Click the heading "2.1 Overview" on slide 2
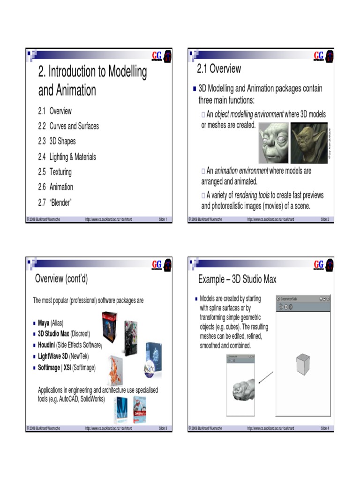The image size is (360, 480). pyautogui.click(x=219, y=69)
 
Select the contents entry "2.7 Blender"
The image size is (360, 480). pyautogui.click(x=55, y=202)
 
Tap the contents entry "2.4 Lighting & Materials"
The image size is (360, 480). pyautogui.click(x=67, y=157)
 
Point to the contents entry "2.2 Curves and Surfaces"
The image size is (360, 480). pyautogui.click(x=68, y=126)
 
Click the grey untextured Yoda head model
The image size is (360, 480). pyautogui.click(x=273, y=142)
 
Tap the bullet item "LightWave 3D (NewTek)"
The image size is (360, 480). pyautogui.click(x=63, y=357)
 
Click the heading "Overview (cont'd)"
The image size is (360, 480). pyautogui.click(x=61, y=279)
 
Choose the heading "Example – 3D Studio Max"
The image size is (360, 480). pyautogui.click(x=237, y=280)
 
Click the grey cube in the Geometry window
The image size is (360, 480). pyautogui.click(x=302, y=364)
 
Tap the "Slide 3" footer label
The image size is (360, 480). pyautogui.click(x=163, y=428)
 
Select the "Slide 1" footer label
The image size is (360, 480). pyautogui.click(x=163, y=219)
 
